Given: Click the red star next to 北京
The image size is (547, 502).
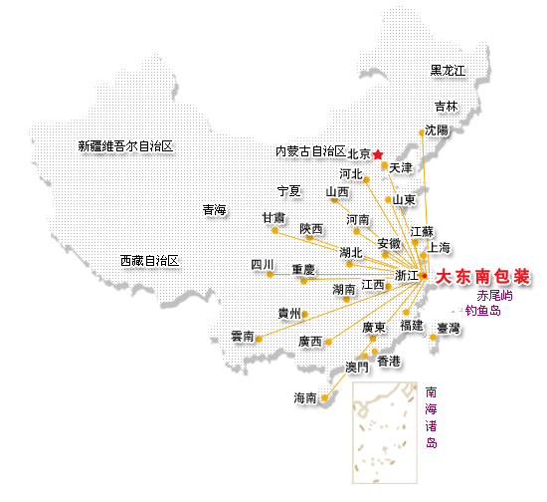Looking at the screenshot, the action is pos(378,154).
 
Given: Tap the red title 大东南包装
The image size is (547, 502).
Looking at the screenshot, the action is pos(482,277).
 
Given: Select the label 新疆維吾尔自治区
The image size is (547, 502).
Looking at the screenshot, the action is pos(125,146).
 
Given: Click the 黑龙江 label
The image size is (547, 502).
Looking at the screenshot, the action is pos(448,71).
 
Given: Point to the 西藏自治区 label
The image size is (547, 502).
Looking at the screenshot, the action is pos(149,261).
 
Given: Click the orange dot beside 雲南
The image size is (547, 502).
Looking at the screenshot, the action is pos(259,339).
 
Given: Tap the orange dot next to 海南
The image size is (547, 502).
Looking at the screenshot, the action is pos(325,397).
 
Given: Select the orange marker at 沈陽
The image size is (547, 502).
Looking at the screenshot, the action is pos(422,132).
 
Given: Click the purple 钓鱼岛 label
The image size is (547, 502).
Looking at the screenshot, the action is pos(483,310).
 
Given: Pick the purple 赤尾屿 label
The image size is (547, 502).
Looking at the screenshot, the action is pos(494,296).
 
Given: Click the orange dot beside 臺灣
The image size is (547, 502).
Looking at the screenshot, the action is pos(433,337).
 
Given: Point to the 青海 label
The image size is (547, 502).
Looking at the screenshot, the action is pos(214,210).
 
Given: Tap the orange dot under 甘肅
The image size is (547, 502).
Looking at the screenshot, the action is pos(274,230).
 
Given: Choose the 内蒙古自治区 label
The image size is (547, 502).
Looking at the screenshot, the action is pos(310,151).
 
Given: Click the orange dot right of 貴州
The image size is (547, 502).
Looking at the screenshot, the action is pos(305,315).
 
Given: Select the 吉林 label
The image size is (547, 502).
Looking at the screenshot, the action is pos(447,107).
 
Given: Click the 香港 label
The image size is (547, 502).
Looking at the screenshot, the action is pos(389,362).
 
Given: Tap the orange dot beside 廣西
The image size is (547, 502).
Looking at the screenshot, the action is pos(328,342).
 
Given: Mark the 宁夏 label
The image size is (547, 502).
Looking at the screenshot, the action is pos(288,191).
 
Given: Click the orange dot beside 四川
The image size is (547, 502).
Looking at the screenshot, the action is pos(270,274).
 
